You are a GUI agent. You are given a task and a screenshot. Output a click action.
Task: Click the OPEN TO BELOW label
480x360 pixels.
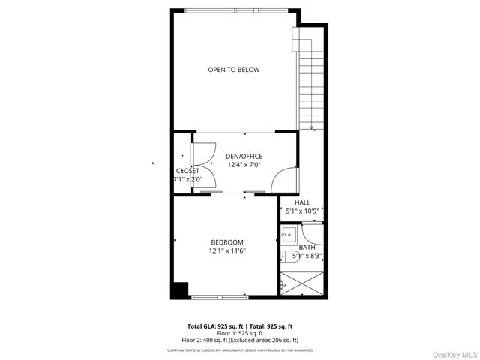[x=234, y=70]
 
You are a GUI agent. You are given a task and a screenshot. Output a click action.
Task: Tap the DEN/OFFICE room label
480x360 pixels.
[x=244, y=156]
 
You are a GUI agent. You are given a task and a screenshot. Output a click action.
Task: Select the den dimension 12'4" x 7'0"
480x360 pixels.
[x=244, y=165]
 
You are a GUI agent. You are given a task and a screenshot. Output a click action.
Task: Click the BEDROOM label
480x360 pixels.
[x=226, y=241]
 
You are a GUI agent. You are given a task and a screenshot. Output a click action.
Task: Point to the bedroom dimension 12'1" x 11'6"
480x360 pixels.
[x=227, y=250]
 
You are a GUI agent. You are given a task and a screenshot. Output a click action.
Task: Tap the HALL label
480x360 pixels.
[x=302, y=202]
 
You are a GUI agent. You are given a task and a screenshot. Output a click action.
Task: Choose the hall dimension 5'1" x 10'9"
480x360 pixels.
[x=302, y=211]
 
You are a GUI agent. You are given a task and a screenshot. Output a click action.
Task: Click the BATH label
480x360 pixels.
[x=307, y=247]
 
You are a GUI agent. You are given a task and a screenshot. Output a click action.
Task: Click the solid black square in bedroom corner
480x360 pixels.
[x=179, y=289]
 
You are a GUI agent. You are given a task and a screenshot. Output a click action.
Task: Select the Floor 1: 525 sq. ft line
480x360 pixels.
[x=240, y=334]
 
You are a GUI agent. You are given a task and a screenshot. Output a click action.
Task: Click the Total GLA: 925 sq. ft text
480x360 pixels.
[x=214, y=326]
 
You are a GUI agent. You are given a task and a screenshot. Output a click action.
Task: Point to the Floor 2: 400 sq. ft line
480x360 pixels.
[x=240, y=340]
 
